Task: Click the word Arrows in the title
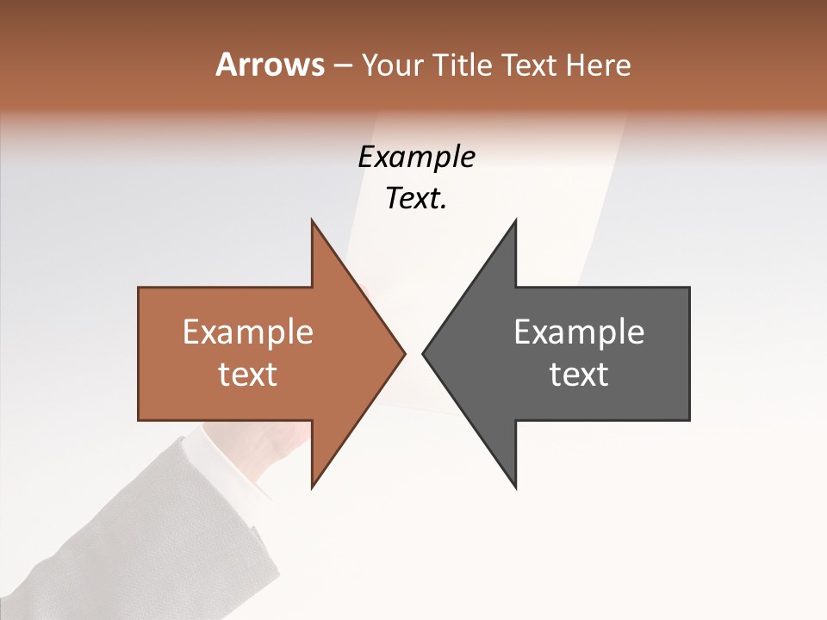tap(270, 65)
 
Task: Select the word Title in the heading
tap(463, 65)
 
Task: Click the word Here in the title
tap(598, 65)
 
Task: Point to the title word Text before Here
tap(530, 65)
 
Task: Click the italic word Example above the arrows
tap(416, 158)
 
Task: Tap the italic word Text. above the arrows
tap(416, 199)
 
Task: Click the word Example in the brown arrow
tap(248, 333)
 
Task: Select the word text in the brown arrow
tap(248, 375)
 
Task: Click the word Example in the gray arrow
tap(579, 333)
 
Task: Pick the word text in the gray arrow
tap(579, 375)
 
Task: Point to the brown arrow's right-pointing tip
tap(404, 353)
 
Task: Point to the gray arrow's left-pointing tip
tap(423, 353)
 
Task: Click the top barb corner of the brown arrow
tap(313, 220)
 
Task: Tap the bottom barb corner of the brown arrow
tap(313, 487)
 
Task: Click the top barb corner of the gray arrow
tap(515, 220)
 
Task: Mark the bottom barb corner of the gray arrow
tap(515, 487)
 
